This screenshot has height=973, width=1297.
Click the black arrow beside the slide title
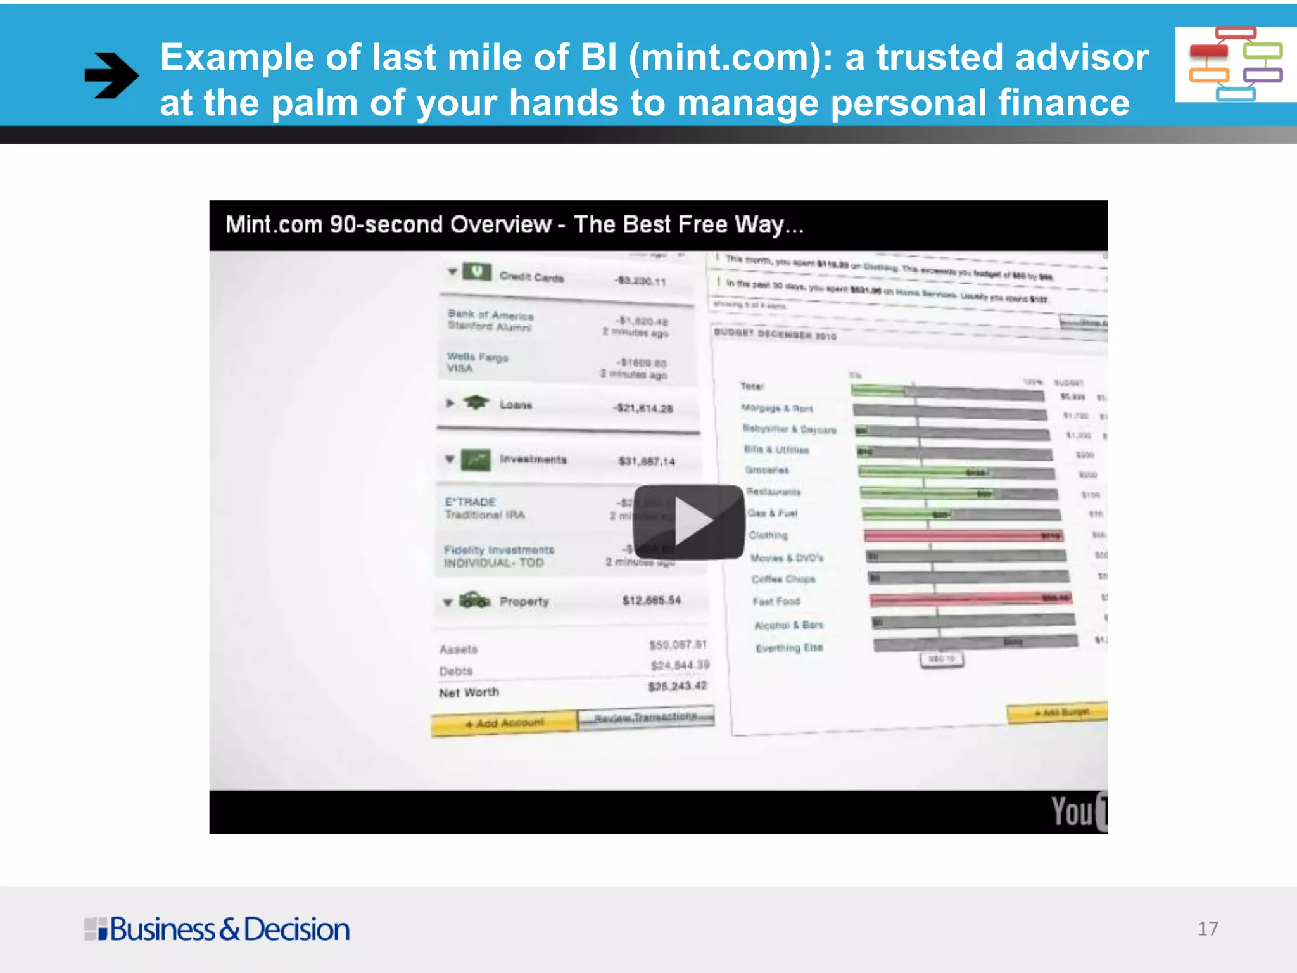[x=111, y=75]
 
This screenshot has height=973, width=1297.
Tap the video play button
[x=688, y=522]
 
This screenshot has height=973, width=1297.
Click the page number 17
[x=1207, y=929]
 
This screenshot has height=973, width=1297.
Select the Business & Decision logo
[x=217, y=929]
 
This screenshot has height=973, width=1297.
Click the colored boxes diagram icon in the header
[x=1235, y=63]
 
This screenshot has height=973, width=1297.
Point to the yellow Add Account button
[x=504, y=723]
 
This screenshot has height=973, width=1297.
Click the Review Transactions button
[x=645, y=718]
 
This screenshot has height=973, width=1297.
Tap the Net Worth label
[x=469, y=692]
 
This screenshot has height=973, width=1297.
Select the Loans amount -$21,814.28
[x=643, y=408]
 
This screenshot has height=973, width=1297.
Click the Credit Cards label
[x=531, y=277]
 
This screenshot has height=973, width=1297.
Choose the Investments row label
[x=533, y=459]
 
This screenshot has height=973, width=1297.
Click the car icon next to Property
[x=474, y=599]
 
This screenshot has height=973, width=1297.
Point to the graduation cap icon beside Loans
[x=476, y=402]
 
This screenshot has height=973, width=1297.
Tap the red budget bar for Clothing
[x=963, y=536]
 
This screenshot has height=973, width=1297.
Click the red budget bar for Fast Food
[x=970, y=599]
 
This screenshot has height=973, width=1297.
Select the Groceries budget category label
[x=767, y=470]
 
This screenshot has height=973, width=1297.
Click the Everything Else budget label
[x=789, y=648]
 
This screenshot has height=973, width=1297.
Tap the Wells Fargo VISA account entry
[x=478, y=362]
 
